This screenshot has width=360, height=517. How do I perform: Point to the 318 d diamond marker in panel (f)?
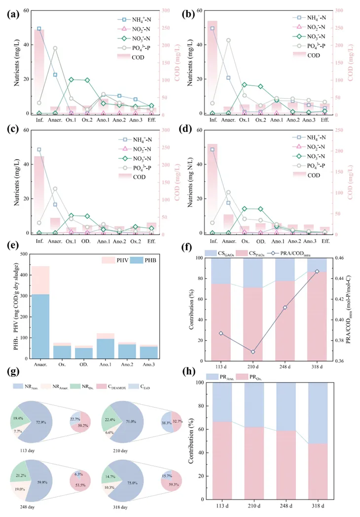[x=317, y=271]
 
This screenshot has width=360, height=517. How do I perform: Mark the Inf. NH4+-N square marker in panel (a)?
[x=39, y=29]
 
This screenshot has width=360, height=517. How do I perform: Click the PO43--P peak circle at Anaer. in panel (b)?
[x=228, y=40]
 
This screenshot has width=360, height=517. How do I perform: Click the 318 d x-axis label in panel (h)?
[x=317, y=505]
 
